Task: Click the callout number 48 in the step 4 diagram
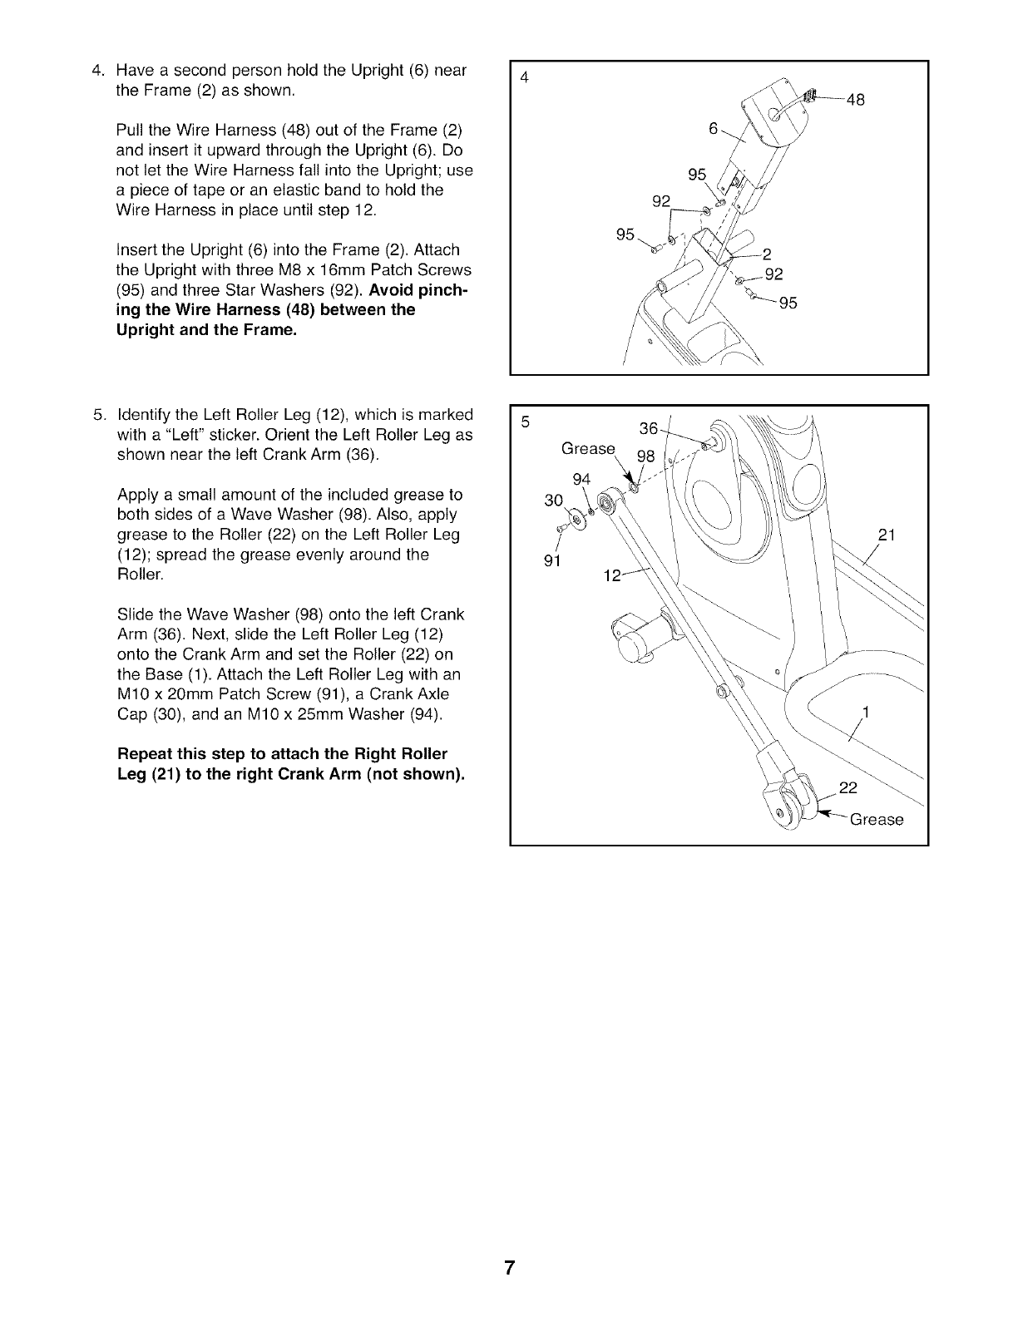point(855,101)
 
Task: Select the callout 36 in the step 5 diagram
point(649,429)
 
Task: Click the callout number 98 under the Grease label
point(645,456)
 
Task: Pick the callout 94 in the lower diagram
point(582,478)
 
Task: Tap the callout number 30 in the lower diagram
point(553,500)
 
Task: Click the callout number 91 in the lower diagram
point(551,560)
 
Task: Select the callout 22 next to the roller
point(848,787)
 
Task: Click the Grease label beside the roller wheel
point(876,820)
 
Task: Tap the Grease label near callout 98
point(588,449)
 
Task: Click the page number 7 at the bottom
point(509,1269)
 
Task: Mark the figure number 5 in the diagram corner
point(525,422)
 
